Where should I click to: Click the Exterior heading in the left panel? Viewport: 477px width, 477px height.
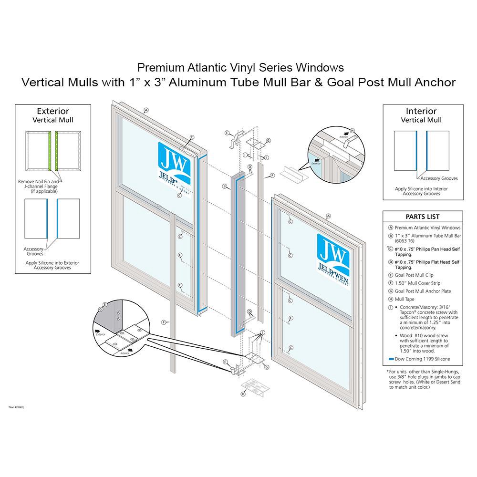[x=52, y=111]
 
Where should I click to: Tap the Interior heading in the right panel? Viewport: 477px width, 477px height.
[x=421, y=111]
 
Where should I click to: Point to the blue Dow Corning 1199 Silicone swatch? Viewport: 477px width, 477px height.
[x=391, y=359]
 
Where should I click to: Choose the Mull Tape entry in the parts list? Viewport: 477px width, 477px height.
[x=405, y=299]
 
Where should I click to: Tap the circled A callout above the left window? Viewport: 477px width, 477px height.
[x=146, y=110]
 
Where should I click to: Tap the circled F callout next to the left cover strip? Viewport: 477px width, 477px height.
[x=164, y=322]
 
